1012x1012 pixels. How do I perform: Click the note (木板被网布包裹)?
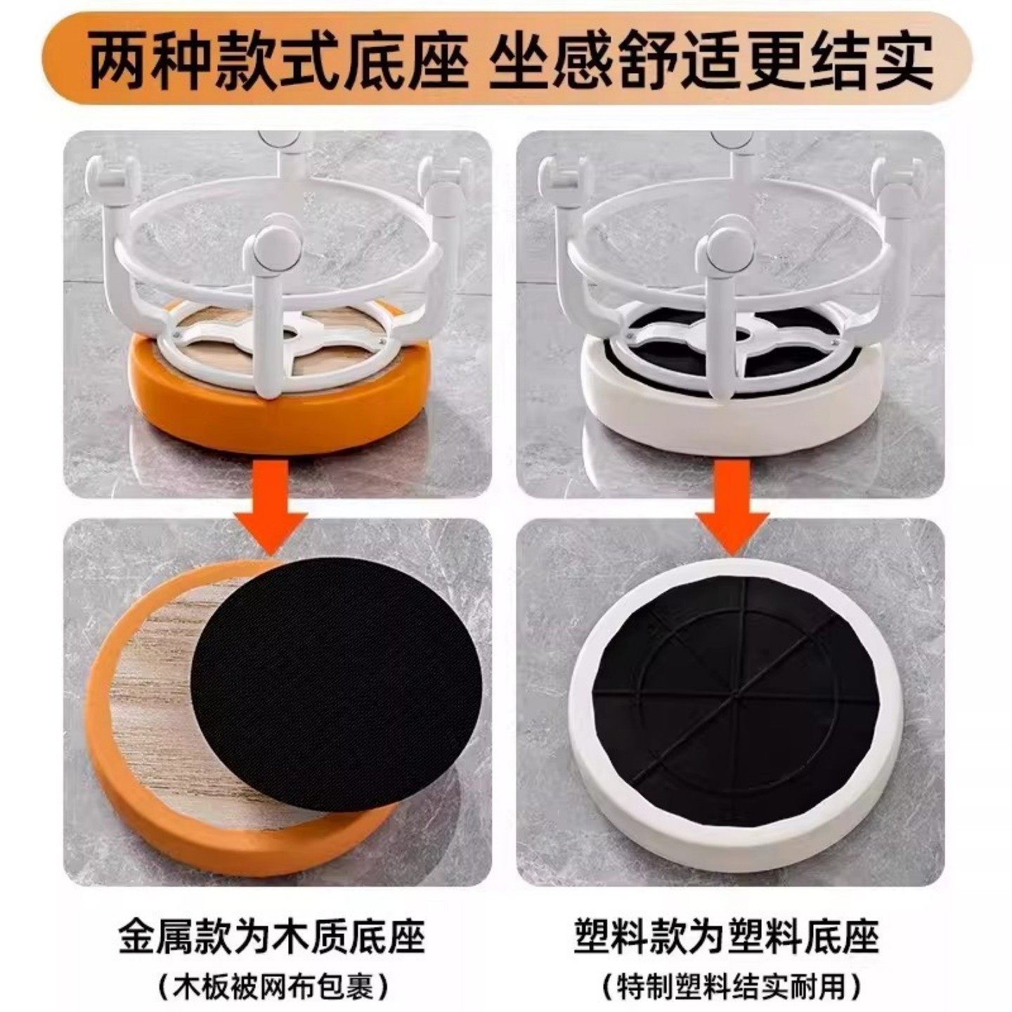pyautogui.click(x=272, y=987)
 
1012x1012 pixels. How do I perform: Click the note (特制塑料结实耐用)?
pyautogui.click(x=731, y=987)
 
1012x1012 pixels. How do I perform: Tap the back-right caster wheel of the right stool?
pyautogui.click(x=900, y=172)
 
